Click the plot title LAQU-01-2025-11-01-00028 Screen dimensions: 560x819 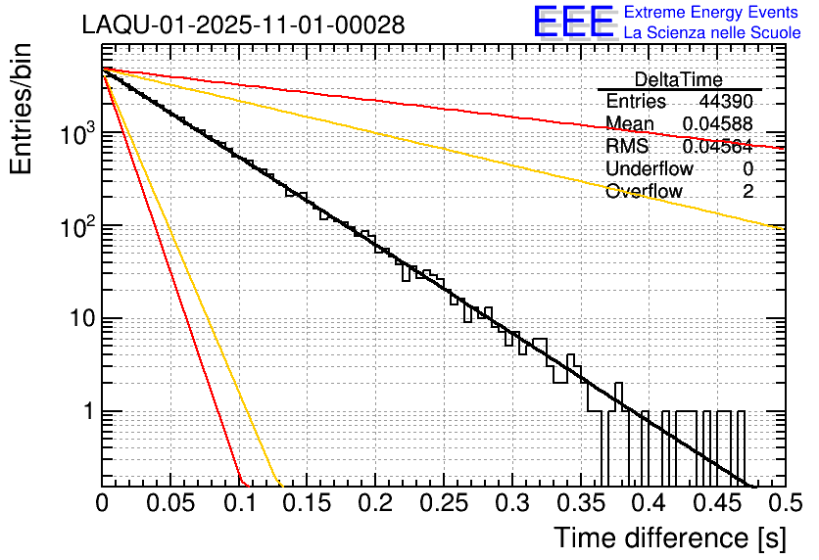tap(243, 25)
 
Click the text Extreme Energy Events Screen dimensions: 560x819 tap(711, 12)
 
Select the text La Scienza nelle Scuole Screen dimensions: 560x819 tap(711, 32)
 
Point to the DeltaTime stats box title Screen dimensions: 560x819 tap(678, 79)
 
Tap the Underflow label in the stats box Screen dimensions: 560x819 tap(650, 168)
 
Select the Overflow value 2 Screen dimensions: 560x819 tap(747, 191)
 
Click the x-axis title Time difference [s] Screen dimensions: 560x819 tap(668, 537)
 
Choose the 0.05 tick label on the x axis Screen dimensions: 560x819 tap(170, 503)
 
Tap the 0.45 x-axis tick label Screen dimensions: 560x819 tap(717, 503)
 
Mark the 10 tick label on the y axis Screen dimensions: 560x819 tap(77, 319)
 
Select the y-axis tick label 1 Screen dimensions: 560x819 tap(85, 412)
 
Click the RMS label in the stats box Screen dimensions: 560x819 tap(626, 147)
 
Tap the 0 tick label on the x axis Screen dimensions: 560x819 tap(103, 503)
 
